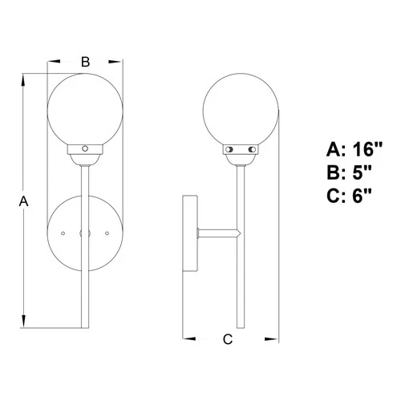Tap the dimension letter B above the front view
(86, 60)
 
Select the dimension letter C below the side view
(227, 339)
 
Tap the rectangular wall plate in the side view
(192, 233)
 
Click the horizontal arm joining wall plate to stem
(218, 233)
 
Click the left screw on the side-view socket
(229, 149)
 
